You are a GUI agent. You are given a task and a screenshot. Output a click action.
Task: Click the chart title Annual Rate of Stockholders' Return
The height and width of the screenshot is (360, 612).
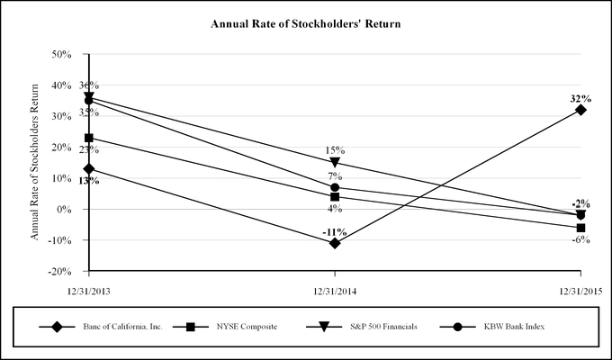tap(304, 23)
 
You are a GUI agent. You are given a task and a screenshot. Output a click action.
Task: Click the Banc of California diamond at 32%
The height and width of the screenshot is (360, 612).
tap(580, 110)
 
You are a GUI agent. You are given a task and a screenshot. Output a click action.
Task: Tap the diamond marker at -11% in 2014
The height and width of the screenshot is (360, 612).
tap(335, 243)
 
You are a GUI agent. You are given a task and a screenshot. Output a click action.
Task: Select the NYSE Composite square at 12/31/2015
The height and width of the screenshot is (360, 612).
tap(580, 228)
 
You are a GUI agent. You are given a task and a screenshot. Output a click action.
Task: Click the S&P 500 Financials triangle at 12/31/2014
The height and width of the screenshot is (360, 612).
tap(335, 163)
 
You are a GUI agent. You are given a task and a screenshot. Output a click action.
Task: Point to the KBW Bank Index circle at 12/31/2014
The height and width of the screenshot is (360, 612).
tap(335, 187)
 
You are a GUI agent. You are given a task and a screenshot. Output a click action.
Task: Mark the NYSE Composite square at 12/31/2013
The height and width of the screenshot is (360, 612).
tap(89, 138)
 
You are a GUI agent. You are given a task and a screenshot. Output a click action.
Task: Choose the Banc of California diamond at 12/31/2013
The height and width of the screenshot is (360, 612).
tap(89, 168)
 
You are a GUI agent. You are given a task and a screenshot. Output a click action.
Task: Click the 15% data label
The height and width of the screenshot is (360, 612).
tap(335, 149)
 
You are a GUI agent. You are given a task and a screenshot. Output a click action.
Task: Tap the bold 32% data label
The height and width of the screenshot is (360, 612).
tap(579, 97)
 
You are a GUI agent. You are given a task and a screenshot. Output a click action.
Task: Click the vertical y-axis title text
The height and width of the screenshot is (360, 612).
tap(36, 162)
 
